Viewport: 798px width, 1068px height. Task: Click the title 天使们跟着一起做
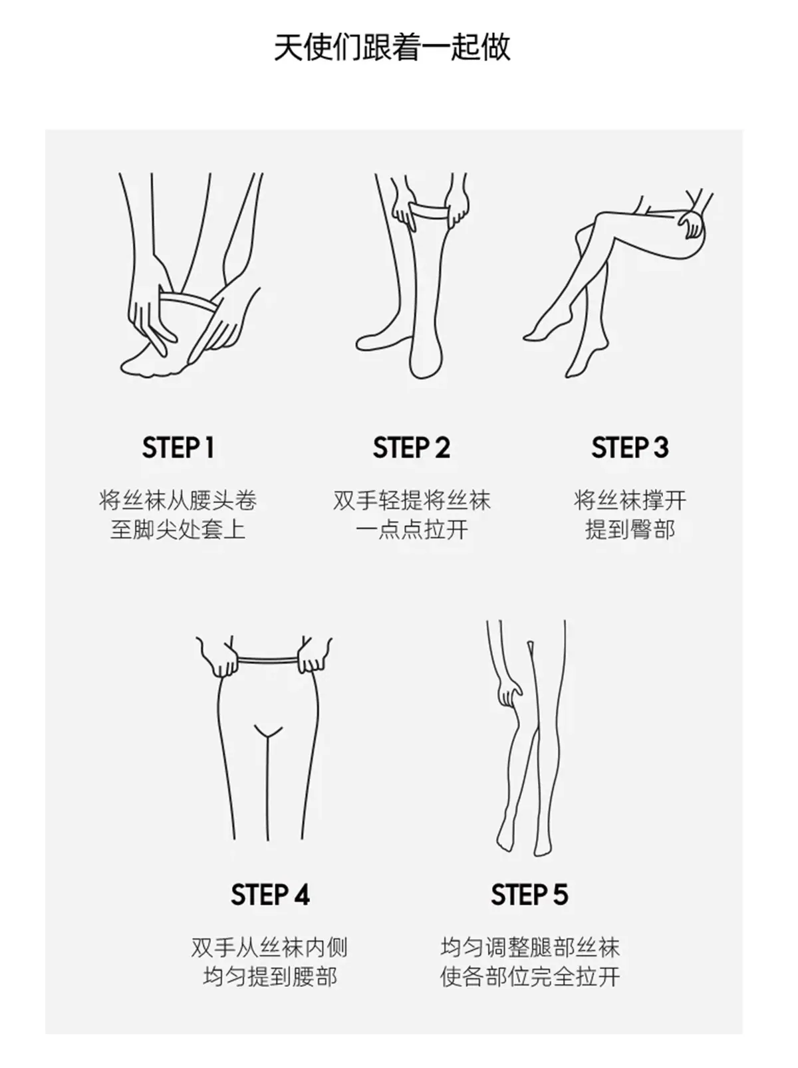[x=392, y=47]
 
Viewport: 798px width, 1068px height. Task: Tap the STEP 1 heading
[x=178, y=448]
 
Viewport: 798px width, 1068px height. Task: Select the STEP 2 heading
[x=412, y=448]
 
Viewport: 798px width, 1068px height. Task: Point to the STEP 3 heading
[x=630, y=448]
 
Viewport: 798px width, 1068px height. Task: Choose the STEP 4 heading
[x=270, y=895]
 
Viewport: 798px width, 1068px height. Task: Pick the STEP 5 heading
[x=530, y=895]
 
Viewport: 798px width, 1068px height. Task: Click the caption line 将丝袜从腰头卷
[x=178, y=500]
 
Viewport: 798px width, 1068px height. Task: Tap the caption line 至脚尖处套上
[x=178, y=530]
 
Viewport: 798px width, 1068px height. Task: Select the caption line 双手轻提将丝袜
[x=412, y=500]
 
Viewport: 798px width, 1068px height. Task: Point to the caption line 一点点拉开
[x=412, y=530]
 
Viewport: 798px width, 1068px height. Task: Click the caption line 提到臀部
[x=630, y=530]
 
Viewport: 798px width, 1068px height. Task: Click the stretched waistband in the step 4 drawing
[x=267, y=661]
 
